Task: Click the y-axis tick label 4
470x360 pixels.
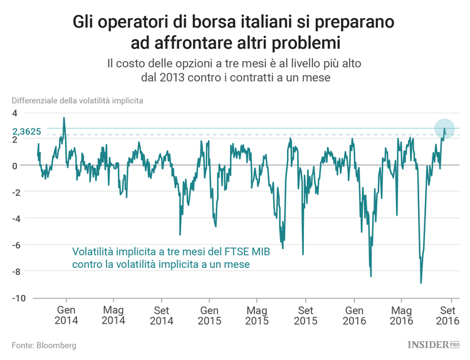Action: [14, 113]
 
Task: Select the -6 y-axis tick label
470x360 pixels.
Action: [16, 245]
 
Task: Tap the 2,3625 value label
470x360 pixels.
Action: [27, 131]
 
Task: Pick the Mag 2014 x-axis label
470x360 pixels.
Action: [113, 315]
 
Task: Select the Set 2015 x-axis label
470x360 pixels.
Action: [305, 315]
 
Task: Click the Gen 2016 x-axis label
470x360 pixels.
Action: [354, 315]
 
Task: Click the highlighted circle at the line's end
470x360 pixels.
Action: [444, 128]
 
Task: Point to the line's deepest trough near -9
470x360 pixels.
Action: [420, 283]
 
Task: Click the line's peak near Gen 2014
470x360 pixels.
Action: [63, 118]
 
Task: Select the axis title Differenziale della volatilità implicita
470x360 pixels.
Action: [77, 100]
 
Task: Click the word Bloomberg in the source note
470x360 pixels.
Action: [56, 345]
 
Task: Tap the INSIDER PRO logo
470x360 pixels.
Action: [433, 344]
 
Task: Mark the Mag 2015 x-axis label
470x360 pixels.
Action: [257, 315]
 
